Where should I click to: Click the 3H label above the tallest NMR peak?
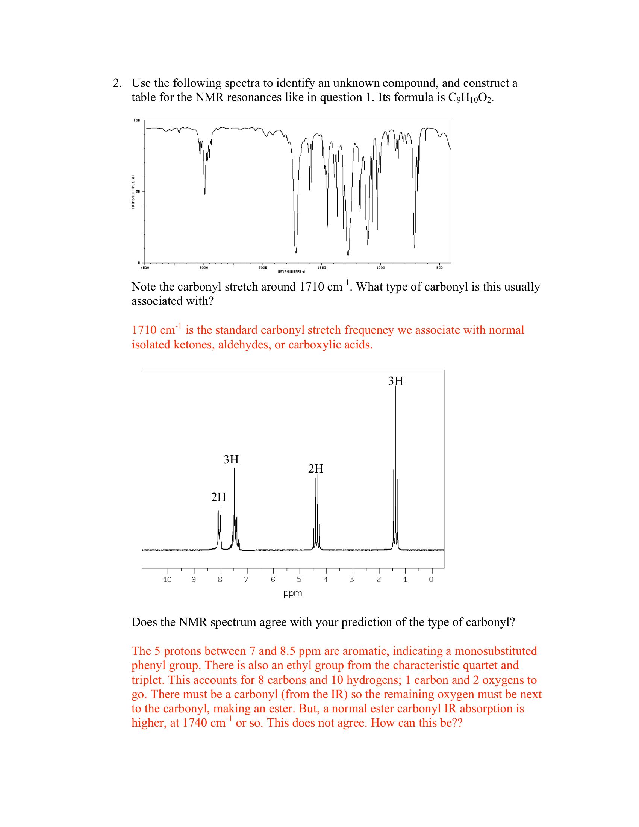coord(395,381)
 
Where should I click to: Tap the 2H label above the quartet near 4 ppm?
coord(316,469)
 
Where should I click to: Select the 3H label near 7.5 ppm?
coord(231,460)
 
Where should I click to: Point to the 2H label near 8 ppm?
coord(218,497)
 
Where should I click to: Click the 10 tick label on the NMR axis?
coord(167,579)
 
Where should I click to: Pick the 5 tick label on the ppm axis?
coord(299,579)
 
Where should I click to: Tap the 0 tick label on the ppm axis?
coord(431,579)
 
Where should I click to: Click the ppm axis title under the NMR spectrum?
coord(292,593)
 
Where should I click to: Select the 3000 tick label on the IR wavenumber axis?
coord(204,268)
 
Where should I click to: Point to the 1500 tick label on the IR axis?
coord(321,268)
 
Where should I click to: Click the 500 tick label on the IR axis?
coord(439,268)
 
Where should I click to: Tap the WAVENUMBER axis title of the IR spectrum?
coord(291,271)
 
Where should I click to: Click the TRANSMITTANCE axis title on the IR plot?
coord(133,192)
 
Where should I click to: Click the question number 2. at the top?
coord(117,83)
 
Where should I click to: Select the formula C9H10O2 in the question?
coord(470,98)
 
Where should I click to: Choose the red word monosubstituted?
coord(495,651)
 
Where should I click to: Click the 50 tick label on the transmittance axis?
coord(138,192)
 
